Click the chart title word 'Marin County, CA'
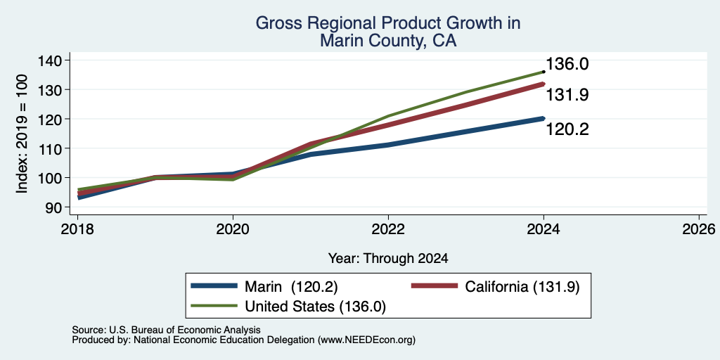388,41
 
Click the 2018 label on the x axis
78,229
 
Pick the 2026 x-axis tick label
699,229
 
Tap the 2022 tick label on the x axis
388,229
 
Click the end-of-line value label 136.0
567,64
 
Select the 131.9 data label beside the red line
567,95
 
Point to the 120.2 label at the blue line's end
567,130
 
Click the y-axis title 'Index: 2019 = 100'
22,134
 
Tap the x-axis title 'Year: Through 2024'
388,259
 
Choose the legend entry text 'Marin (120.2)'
292,287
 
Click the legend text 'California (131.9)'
522,287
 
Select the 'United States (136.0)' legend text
316,307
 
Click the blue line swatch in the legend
214,286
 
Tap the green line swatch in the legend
214,306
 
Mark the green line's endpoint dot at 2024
544,72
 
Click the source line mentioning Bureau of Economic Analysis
166,330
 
